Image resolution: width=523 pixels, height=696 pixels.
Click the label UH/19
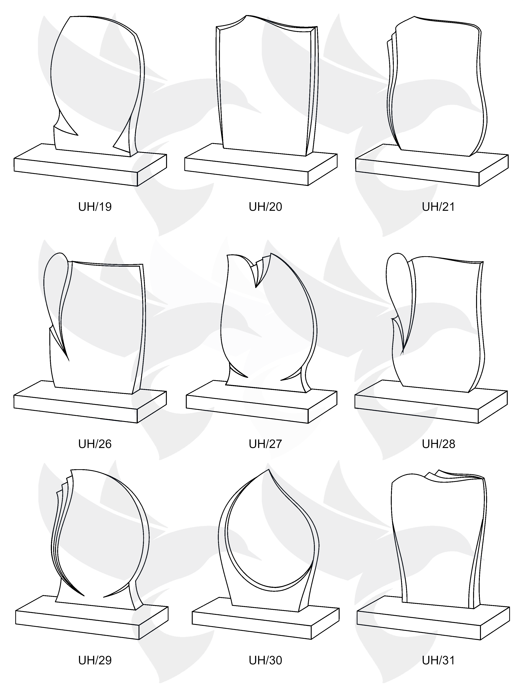95,207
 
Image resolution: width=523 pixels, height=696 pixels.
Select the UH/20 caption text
265,207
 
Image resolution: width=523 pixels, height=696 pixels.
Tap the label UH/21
438,207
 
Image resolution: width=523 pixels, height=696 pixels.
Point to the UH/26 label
95,444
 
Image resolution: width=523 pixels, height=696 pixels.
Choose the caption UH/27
265,444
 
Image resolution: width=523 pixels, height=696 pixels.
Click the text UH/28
438,444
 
